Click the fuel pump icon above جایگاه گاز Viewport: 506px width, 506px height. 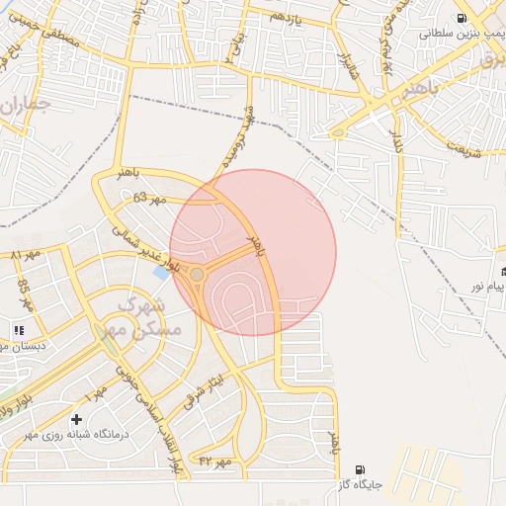(360, 469)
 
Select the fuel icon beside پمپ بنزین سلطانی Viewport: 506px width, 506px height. (461, 18)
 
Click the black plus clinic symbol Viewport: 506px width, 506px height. (77, 421)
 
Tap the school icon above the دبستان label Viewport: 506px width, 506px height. (18, 330)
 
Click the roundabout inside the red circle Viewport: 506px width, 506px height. (198, 274)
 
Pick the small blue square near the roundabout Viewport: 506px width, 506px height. (160, 272)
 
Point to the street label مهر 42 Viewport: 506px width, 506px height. (214, 461)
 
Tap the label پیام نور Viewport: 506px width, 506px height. (486, 287)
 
